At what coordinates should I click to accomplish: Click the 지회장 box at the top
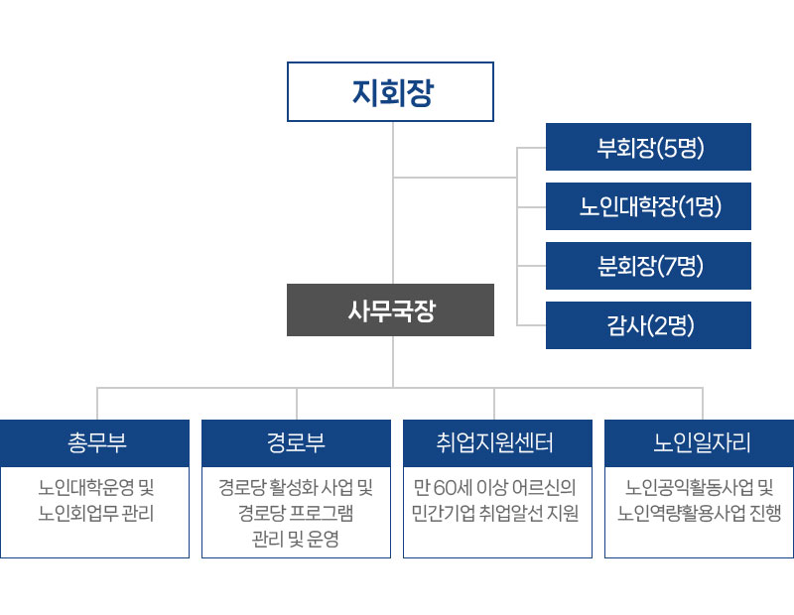point(390,91)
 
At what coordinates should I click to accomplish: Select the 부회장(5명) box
point(648,148)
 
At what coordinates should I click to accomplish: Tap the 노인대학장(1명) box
point(648,206)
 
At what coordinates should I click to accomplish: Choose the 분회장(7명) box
point(648,265)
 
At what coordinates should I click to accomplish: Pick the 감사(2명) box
point(648,324)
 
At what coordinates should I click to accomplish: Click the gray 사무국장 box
point(390,310)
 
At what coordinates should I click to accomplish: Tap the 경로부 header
point(296,442)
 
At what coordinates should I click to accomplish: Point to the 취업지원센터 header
point(496,442)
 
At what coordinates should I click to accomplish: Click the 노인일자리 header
point(701,442)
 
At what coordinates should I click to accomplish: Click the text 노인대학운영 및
point(96,488)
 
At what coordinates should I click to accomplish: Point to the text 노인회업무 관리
point(96,514)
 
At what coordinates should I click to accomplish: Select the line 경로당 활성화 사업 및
point(296,488)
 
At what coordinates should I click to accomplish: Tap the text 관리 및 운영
point(296,540)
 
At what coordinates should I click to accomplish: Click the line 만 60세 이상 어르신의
point(496,488)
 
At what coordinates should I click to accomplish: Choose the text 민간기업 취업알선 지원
point(496,514)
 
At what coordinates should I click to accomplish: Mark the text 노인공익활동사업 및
point(701,488)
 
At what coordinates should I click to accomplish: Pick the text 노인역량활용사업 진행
point(701,514)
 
